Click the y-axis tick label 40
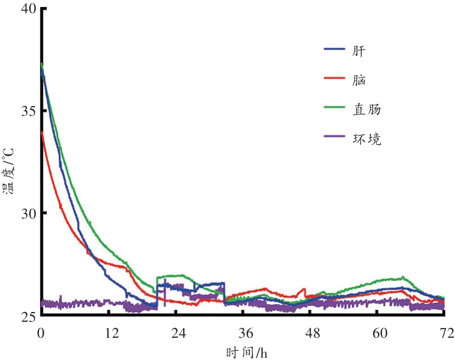click(29, 9)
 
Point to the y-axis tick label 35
click(29, 111)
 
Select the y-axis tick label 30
click(29, 213)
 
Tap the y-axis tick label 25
click(29, 316)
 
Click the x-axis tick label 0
click(41, 333)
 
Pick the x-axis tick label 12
click(112, 333)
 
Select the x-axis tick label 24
click(179, 333)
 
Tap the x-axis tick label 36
click(246, 333)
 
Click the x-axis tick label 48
click(313, 333)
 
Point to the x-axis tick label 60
click(380, 333)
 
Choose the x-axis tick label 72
click(447, 333)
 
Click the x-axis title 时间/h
click(247, 353)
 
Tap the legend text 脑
click(359, 80)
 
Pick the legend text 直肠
click(366, 110)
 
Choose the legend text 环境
click(367, 139)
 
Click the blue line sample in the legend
click(335, 48)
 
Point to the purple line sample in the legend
click(335, 136)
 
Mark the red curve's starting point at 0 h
click(42, 132)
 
